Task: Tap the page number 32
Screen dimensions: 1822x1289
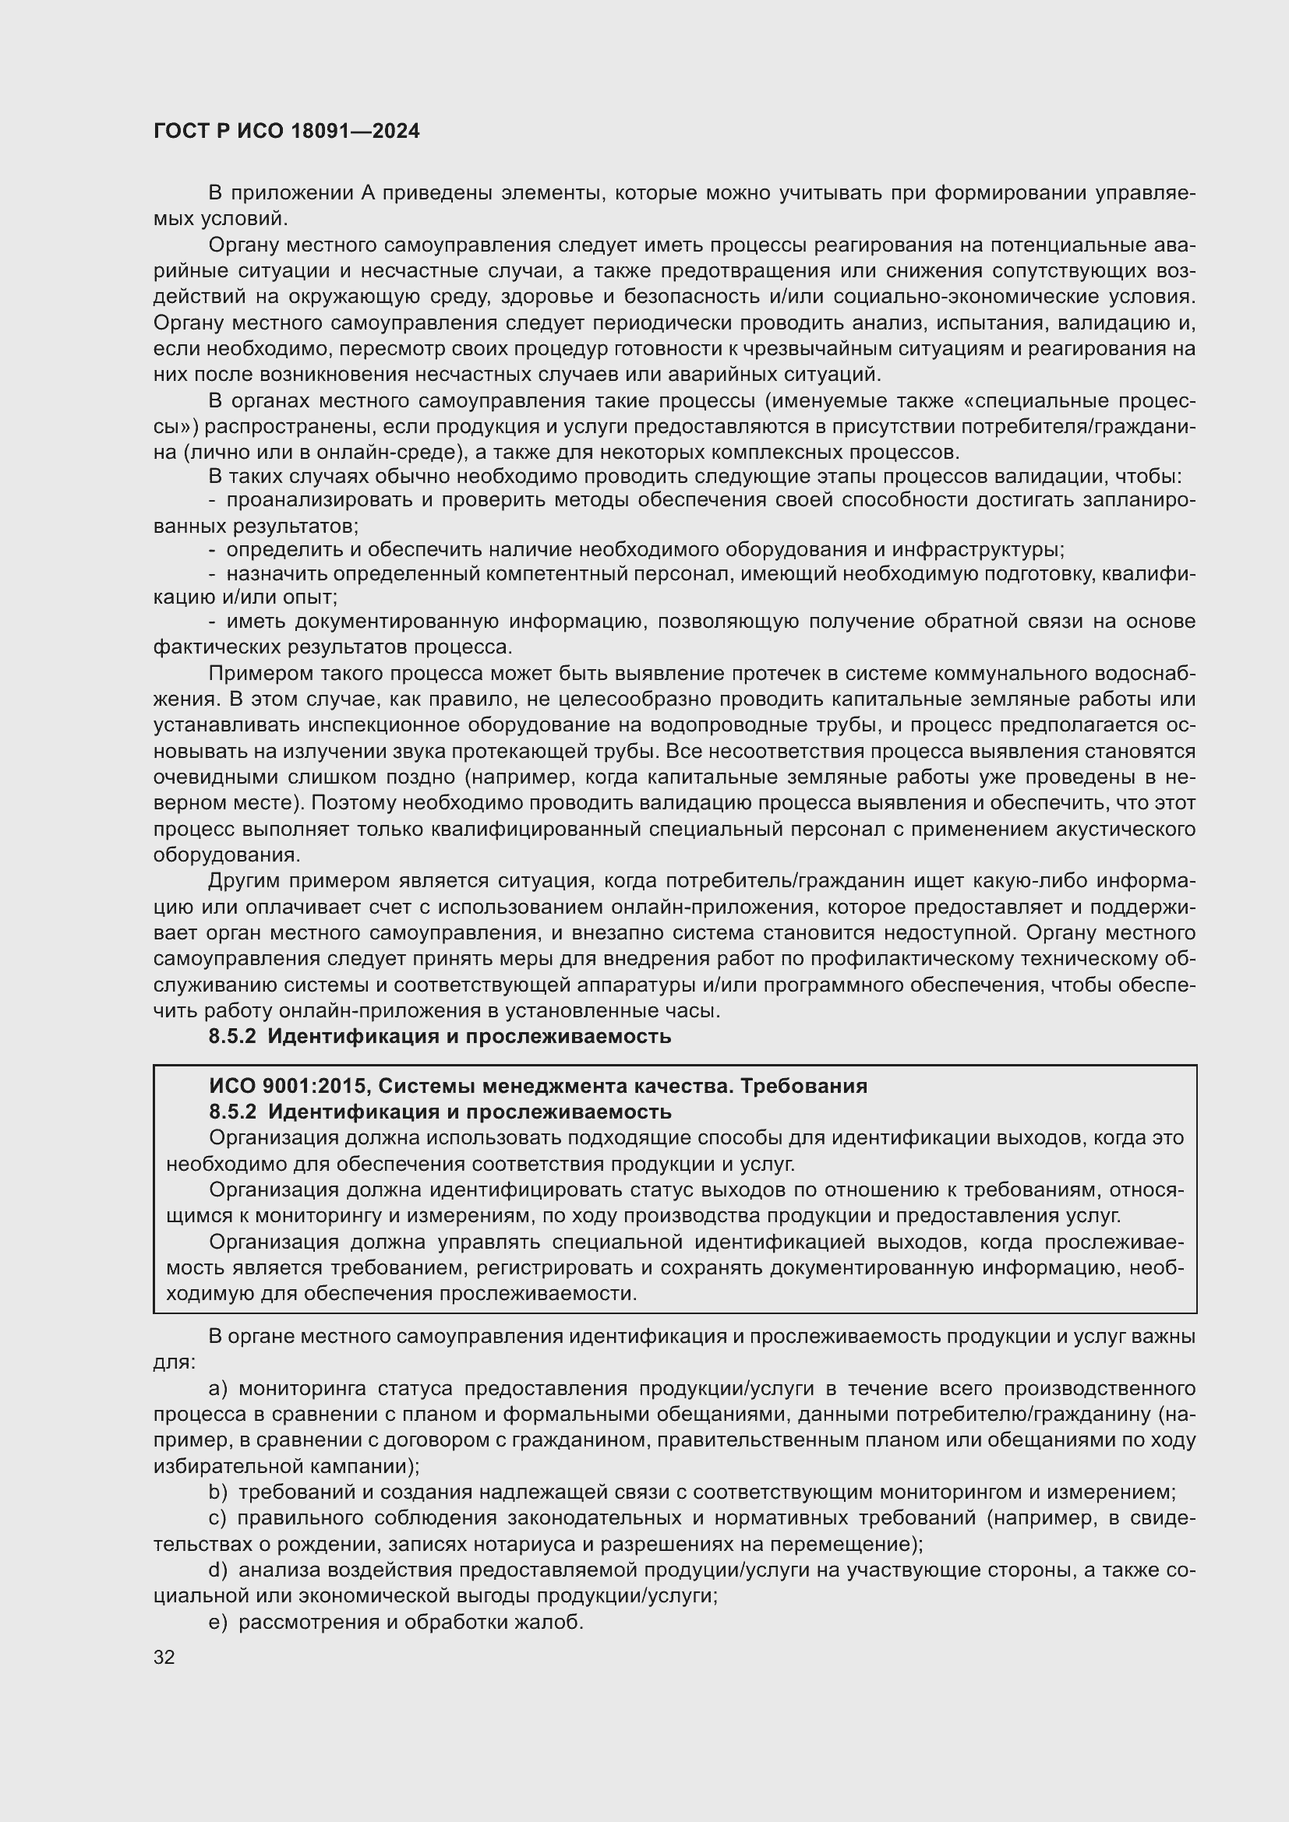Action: [164, 1657]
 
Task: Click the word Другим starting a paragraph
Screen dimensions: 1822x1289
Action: [244, 882]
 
